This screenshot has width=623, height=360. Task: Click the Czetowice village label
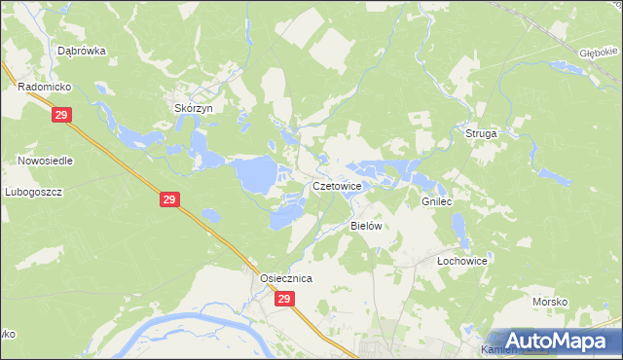pos(337,185)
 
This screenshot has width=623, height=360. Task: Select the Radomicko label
pos(40,87)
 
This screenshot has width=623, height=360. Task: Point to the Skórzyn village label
pos(193,108)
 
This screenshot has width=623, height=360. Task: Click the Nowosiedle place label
pos(45,160)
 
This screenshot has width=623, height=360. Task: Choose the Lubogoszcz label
pos(33,192)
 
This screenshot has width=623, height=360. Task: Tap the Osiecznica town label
pos(285,278)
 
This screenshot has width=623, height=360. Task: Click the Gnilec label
pos(437,200)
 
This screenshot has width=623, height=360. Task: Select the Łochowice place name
pos(461,261)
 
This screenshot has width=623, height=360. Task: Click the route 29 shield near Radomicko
pos(61,115)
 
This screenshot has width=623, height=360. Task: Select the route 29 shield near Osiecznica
pos(283,300)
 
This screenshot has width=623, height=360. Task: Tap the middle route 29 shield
pos(169,199)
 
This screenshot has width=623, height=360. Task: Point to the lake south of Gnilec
pos(458,230)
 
